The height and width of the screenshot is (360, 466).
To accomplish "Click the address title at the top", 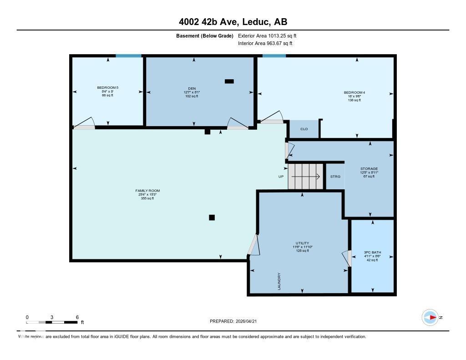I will [x=233, y=22].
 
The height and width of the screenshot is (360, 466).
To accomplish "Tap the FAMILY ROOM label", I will [x=147, y=191].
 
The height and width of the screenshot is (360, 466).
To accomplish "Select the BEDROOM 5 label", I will [x=107, y=87].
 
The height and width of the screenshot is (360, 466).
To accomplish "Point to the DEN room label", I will [x=195, y=89].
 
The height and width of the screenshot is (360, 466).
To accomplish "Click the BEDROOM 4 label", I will [x=354, y=93].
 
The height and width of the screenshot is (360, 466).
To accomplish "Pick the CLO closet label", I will [x=304, y=129].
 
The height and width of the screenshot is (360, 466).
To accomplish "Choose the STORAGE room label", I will [x=369, y=169].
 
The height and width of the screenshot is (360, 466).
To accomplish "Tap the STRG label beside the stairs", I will [x=335, y=177].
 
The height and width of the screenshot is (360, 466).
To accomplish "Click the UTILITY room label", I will [x=302, y=243].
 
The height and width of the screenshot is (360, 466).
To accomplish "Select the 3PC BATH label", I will [x=371, y=253].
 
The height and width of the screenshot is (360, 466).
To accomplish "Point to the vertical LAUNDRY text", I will [x=279, y=281].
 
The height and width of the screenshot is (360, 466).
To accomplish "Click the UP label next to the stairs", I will [x=281, y=177].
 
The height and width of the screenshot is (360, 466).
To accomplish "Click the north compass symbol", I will [x=431, y=317].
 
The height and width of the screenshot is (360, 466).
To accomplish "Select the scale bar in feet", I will [x=51, y=322].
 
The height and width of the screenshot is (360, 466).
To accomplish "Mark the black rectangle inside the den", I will [x=229, y=81].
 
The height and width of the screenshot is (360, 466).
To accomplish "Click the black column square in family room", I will [x=212, y=218].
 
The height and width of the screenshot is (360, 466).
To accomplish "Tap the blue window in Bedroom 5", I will [x=128, y=56].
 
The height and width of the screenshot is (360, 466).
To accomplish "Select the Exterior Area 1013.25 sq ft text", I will [x=267, y=35].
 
